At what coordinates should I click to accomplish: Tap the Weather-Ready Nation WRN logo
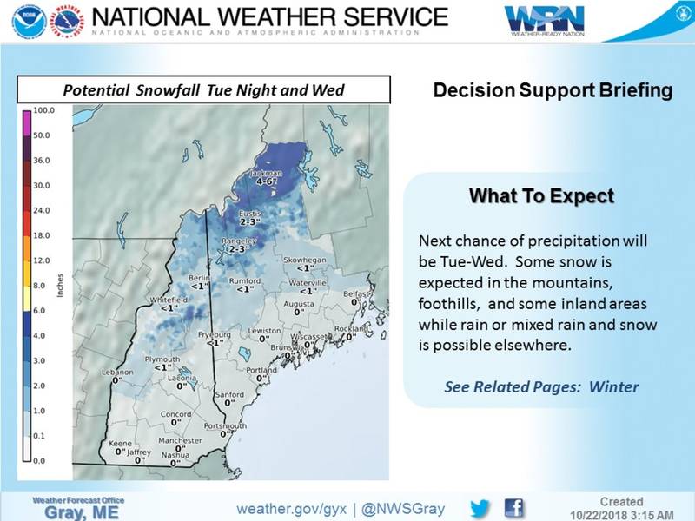(546, 19)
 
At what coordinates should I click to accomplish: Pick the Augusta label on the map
(299, 305)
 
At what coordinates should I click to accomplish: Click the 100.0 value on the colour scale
(44, 111)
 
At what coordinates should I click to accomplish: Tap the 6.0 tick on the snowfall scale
(41, 310)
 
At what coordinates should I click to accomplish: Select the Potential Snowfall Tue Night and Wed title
(204, 90)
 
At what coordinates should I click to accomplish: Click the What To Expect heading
(541, 196)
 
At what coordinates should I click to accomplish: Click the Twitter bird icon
(480, 508)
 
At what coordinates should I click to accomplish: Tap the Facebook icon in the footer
(513, 508)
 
